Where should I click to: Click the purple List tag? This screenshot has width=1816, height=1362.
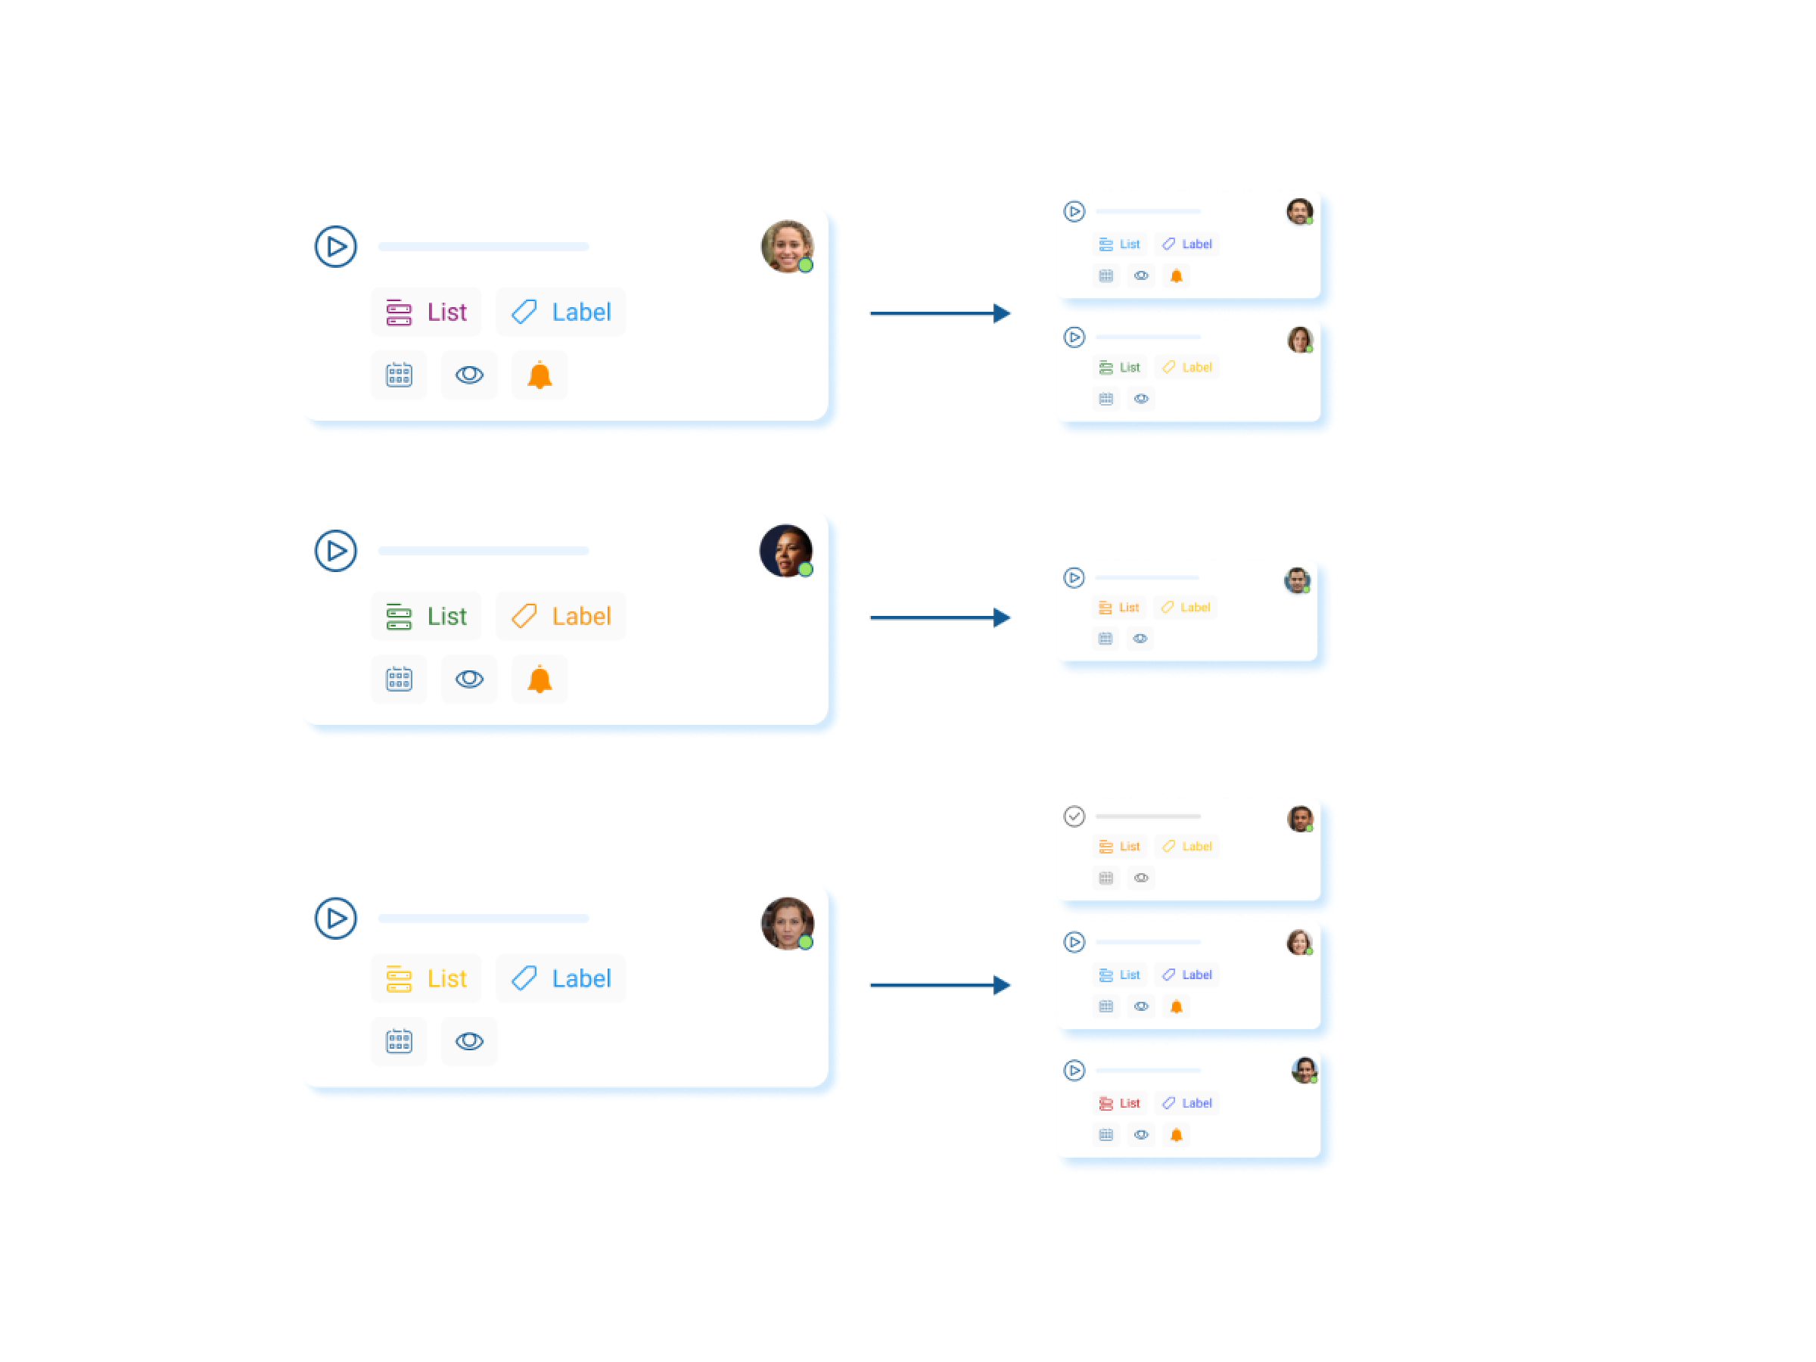pos(427,312)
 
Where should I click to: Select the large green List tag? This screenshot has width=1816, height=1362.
pos(427,617)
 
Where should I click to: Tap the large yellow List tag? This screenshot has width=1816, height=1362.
pos(427,978)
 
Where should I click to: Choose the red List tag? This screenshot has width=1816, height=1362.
pos(1120,1103)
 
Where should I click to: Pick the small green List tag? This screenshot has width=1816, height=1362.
pos(1120,368)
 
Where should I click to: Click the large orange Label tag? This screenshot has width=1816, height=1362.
pos(561,617)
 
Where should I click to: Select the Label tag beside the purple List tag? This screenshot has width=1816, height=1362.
pos(561,312)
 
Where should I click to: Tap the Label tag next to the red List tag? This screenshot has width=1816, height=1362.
pos(1187,1103)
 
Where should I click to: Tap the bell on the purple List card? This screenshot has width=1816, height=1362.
pos(540,375)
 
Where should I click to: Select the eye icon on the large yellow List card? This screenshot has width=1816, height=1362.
pos(470,1042)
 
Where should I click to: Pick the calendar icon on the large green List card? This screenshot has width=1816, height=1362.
pos(399,679)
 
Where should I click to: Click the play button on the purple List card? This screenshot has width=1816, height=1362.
pos(336,246)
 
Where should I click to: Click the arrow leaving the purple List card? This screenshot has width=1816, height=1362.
pos(940,313)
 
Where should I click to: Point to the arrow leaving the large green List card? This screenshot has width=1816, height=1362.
pos(940,618)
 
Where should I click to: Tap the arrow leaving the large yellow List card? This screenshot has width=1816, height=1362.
pos(940,985)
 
